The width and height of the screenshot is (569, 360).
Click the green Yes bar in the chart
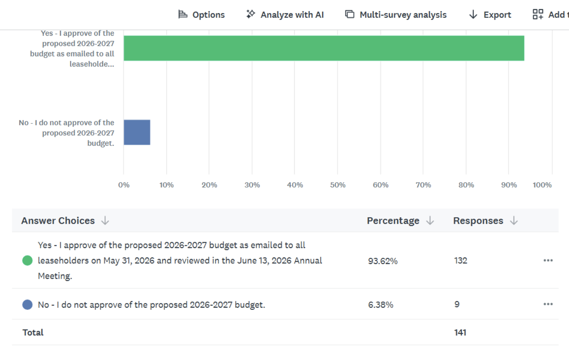tap(324, 48)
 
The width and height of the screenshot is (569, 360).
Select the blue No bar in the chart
tap(137, 132)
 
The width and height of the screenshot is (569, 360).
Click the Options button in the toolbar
tap(201, 15)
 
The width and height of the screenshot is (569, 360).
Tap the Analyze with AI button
tap(285, 15)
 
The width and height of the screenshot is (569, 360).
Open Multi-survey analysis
tap(395, 15)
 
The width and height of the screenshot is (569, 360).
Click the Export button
tap(490, 15)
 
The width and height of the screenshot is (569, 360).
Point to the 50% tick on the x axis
tap(338, 185)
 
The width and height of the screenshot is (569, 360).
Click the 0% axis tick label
tap(124, 185)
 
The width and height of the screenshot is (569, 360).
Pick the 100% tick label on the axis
tap(542, 185)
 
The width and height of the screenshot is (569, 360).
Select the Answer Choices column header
tap(58, 221)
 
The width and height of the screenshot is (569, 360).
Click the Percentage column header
tap(393, 221)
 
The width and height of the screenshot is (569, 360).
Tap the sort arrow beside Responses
tap(514, 221)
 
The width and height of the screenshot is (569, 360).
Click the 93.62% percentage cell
tap(383, 261)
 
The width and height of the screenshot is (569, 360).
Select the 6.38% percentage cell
tap(381, 305)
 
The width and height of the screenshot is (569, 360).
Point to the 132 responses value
tap(460, 261)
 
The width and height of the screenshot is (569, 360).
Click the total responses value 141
tap(460, 332)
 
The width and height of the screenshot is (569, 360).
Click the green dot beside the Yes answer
tap(27, 261)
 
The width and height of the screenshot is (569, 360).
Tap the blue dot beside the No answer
tap(27, 305)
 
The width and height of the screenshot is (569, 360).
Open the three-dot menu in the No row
tap(548, 304)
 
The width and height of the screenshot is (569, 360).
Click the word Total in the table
tap(33, 332)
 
